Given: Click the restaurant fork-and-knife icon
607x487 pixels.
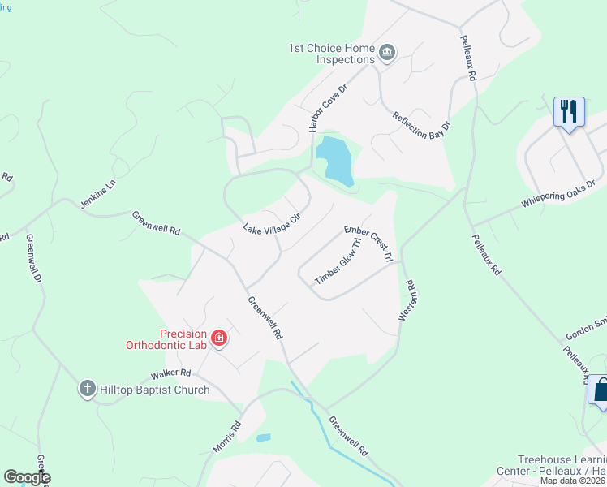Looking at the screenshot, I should [569, 110].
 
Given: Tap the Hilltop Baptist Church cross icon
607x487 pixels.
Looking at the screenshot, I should [88, 390].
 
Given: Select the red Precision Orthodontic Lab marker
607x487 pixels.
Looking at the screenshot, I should [218, 338].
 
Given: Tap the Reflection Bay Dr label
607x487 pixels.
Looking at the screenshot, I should [421, 120].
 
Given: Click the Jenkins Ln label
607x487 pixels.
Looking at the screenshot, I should [98, 192].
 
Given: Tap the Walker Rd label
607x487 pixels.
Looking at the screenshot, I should [170, 374].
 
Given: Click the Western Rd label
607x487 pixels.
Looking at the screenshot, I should [406, 301].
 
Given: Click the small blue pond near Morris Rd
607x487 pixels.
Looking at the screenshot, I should [263, 437].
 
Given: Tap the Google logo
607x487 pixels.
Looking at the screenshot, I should [26, 477].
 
